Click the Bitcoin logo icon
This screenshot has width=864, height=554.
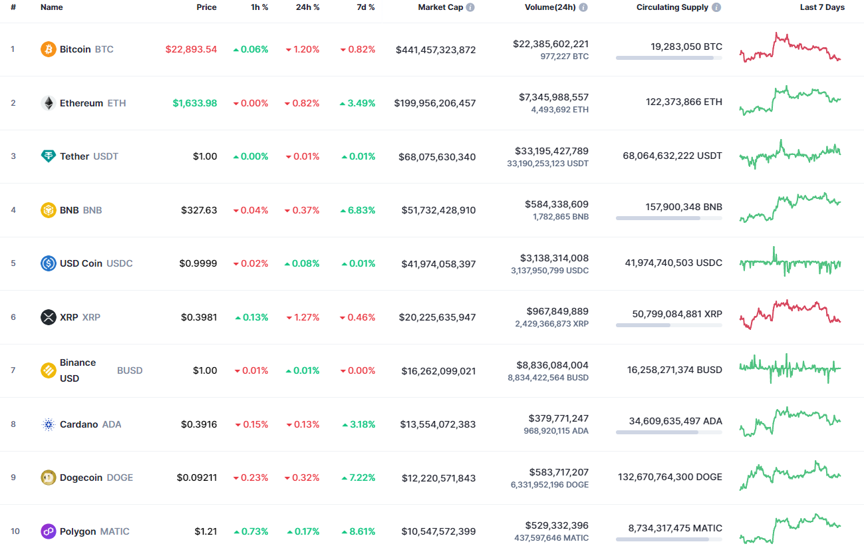(49, 49)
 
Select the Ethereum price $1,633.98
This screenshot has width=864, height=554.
(195, 103)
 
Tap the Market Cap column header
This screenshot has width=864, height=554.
(442, 7)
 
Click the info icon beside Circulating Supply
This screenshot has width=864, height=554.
(716, 7)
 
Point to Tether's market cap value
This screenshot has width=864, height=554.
(437, 157)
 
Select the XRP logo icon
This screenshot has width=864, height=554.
(49, 317)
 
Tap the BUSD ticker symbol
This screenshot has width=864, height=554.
(130, 370)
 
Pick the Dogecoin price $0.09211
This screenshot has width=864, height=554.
(197, 478)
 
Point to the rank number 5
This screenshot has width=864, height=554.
(13, 263)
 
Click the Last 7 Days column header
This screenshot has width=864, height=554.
(822, 7)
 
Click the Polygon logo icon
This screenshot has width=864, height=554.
(49, 531)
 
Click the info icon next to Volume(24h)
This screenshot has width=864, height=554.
(583, 7)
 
